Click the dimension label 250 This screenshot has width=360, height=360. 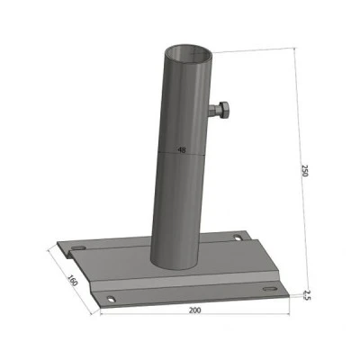pyautogui.click(x=305, y=170)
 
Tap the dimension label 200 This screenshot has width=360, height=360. pyautogui.click(x=195, y=310)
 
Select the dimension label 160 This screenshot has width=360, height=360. pyautogui.click(x=72, y=280)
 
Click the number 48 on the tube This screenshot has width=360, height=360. pyautogui.click(x=182, y=150)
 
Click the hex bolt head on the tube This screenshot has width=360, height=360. pyautogui.click(x=223, y=111)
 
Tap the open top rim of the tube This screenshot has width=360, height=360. pyautogui.click(x=189, y=55)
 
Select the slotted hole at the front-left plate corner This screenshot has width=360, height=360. pyautogui.click(x=112, y=299)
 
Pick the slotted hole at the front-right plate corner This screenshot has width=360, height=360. pyautogui.click(x=270, y=289)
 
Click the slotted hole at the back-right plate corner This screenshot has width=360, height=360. pyautogui.click(x=238, y=238)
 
